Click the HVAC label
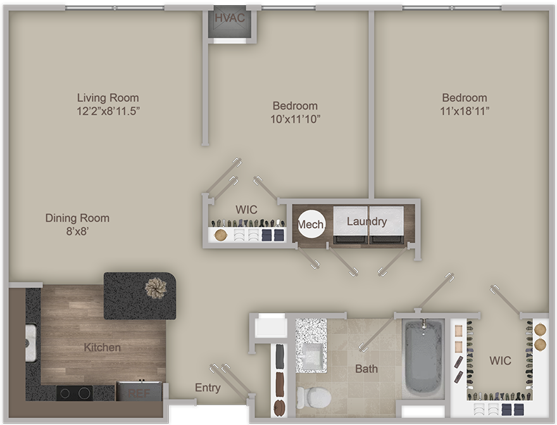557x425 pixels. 230,18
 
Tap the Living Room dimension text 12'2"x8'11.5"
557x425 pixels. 108,111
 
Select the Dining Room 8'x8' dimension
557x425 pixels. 77,231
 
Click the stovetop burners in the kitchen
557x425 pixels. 75,393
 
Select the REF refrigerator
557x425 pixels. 139,391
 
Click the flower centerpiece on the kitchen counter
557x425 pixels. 156,288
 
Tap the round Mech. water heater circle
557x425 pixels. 311,224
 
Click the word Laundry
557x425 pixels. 366,222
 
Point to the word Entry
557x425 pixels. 208,388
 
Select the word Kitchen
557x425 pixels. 103,347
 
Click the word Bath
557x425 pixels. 366,369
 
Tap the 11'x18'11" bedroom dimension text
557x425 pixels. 465,111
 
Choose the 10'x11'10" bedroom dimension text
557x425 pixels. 295,118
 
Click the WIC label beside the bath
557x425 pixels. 500,360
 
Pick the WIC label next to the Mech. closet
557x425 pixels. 246,210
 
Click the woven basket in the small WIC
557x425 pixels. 221,235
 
